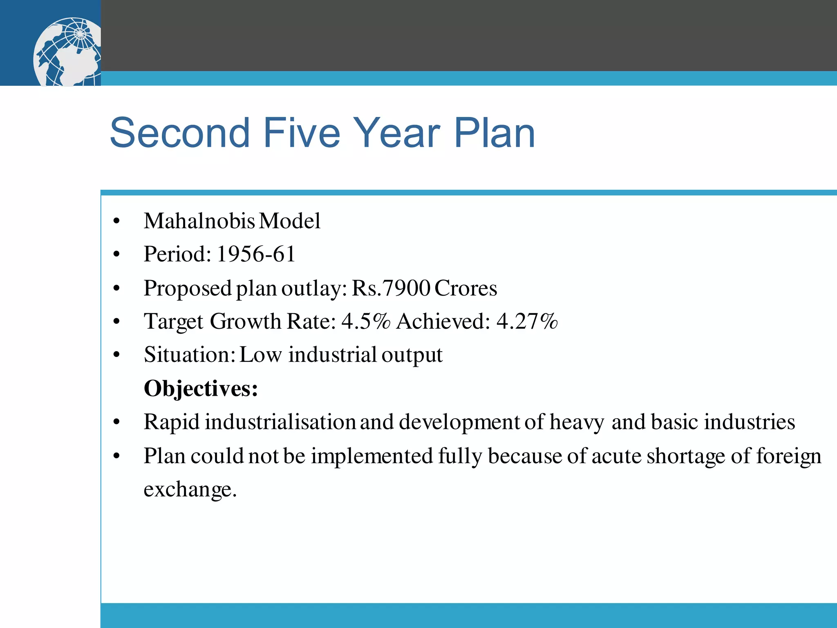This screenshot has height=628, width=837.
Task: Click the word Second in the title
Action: coord(179,132)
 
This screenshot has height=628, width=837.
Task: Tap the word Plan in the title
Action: coord(494,132)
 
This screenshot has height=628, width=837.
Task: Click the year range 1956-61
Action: coord(256,254)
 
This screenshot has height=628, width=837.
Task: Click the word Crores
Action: coord(466,288)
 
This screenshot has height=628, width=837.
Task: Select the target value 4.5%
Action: coord(366,321)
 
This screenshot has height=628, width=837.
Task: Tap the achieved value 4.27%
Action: coord(527,321)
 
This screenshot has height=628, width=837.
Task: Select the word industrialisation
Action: coord(280,422)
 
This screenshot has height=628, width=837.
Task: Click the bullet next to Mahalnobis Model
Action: coord(117,222)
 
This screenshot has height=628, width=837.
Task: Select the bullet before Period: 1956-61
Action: coord(117,255)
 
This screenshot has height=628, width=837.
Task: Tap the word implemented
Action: coord(372,456)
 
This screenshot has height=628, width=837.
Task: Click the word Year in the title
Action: coord(396,132)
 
